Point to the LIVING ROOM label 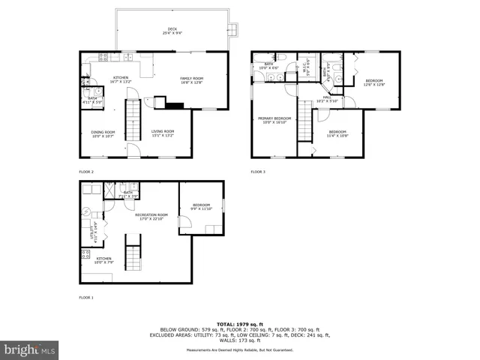pos(162,133)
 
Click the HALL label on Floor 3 pos(327,97)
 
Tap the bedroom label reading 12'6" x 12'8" pos(374,82)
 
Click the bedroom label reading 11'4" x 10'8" pos(337,133)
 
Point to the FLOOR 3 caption pos(258,172)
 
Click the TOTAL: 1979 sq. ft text pos(239,323)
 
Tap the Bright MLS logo pos(28,350)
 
